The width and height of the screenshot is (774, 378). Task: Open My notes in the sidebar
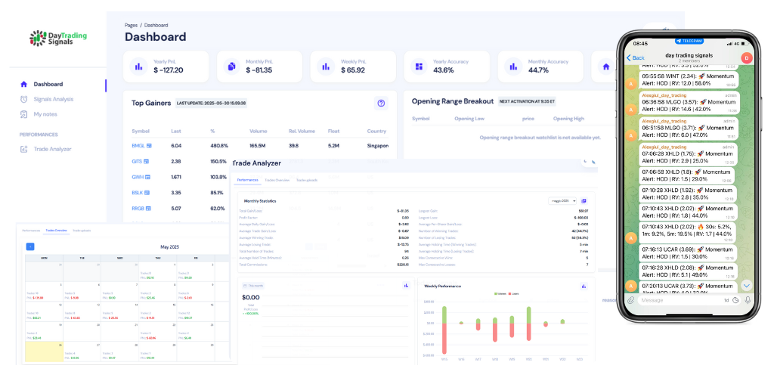45,114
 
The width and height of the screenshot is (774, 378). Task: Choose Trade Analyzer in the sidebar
52,149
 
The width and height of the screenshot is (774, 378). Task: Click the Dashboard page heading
155,37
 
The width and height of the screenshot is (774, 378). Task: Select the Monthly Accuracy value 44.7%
538,70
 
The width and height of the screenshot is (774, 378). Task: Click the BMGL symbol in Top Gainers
138,145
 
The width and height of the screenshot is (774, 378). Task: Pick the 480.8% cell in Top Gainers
219,145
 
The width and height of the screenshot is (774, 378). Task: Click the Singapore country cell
377,145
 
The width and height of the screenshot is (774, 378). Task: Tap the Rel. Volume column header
302,131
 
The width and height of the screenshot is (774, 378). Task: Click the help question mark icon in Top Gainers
381,103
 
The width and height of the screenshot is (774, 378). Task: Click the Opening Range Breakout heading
452,101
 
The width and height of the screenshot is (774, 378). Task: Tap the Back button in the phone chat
635,57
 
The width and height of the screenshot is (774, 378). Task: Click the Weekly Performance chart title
442,286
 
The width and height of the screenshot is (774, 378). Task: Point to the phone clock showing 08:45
639,42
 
